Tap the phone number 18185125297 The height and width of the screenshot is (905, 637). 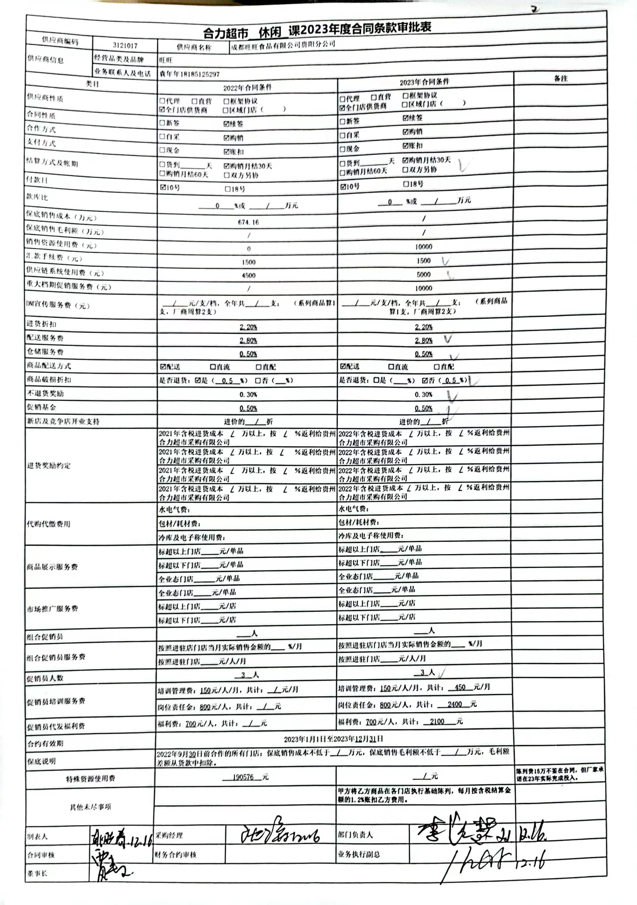(200, 74)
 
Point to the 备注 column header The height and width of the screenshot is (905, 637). (561, 78)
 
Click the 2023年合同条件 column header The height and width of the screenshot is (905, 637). (424, 82)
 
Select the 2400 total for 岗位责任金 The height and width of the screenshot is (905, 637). (455, 704)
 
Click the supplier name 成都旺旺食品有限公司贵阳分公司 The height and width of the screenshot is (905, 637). (283, 45)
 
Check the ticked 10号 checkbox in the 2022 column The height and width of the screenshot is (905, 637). (163, 187)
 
